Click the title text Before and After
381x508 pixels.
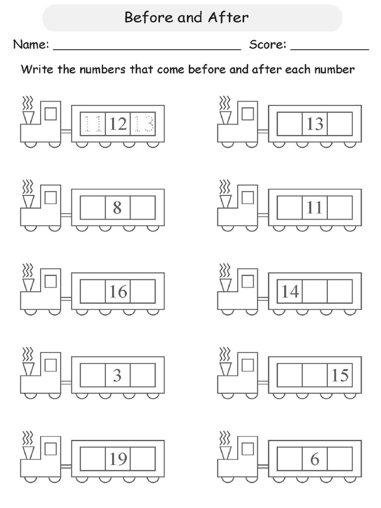click(x=187, y=18)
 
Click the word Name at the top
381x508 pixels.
click(x=30, y=45)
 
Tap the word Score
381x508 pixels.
click(x=267, y=45)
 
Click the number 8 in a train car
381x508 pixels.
click(x=117, y=207)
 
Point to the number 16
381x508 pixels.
click(x=118, y=292)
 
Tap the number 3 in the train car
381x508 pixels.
click(x=117, y=376)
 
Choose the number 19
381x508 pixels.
click(x=118, y=459)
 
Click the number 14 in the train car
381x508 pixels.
click(x=290, y=292)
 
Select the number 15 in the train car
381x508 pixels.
click(x=340, y=376)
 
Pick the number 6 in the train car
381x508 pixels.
click(x=315, y=459)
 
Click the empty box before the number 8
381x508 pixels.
click(x=92, y=207)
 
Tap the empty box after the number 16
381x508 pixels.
click(x=143, y=292)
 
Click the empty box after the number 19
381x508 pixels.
click(x=143, y=459)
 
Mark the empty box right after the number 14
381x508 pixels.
click(x=315, y=292)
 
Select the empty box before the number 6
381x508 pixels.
click(x=289, y=459)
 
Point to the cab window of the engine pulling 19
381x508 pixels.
click(x=51, y=449)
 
